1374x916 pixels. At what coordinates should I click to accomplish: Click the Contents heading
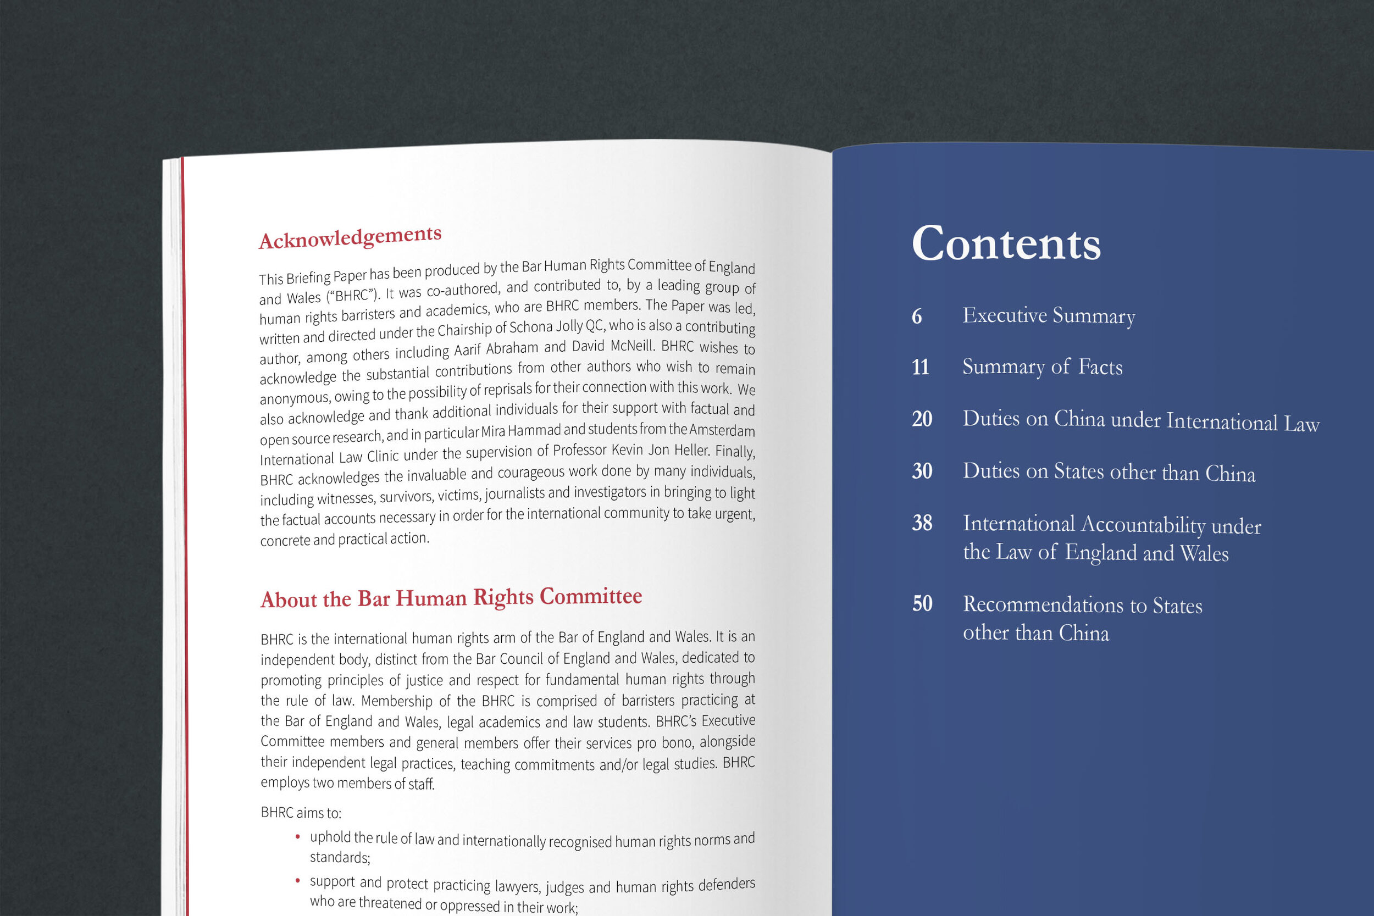[x=1006, y=243]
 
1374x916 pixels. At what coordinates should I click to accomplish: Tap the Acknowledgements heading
[x=350, y=237]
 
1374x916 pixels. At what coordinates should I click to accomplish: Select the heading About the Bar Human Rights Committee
[x=451, y=598]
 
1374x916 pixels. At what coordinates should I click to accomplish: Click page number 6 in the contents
[x=917, y=317]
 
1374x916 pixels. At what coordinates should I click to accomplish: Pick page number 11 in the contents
[x=920, y=368]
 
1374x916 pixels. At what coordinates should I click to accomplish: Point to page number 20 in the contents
[x=922, y=419]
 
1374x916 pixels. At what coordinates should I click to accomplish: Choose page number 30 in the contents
[x=922, y=471]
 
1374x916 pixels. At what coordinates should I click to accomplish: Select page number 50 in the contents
[x=922, y=603]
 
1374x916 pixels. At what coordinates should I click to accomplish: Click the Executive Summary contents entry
[x=1049, y=315]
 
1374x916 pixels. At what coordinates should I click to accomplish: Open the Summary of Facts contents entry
[x=1042, y=367]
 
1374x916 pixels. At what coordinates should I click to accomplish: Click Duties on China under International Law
[x=1140, y=420]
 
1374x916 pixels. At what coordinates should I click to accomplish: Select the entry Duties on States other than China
[x=1109, y=472]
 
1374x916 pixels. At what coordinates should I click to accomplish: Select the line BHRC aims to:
[x=301, y=813]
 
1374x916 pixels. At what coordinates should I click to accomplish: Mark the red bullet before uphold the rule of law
[x=298, y=837]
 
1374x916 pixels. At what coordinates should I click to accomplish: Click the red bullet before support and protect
[x=298, y=880]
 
